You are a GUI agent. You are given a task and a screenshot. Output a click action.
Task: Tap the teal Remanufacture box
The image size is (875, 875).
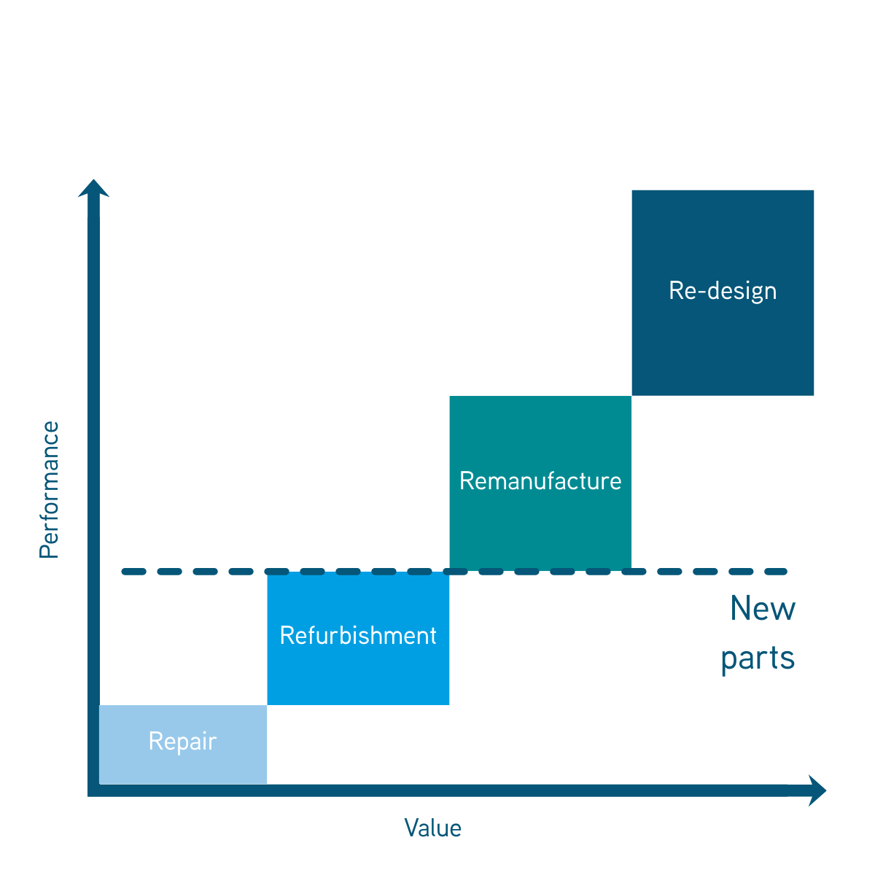540,445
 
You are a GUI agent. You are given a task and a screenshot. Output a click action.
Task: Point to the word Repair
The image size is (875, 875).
182,742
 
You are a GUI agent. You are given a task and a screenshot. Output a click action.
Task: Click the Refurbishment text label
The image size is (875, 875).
358,636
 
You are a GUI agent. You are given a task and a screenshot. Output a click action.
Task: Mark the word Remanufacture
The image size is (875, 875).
540,481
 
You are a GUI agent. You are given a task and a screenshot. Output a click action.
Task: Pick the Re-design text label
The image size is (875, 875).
723,291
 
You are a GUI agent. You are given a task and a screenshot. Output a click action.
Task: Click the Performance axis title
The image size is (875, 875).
49,490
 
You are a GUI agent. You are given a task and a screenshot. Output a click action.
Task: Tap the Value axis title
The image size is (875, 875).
433,828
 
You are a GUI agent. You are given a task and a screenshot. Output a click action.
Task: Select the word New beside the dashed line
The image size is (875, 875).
763,608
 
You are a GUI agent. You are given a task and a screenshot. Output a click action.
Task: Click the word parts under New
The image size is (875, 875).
758,658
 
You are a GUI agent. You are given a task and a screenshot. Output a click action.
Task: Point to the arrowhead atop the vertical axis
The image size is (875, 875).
93,188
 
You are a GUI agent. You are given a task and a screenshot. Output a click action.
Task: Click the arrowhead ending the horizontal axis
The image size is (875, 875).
817,791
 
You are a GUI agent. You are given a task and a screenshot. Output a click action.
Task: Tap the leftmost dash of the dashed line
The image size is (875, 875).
133,572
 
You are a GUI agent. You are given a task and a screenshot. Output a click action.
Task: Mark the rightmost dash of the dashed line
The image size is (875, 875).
776,572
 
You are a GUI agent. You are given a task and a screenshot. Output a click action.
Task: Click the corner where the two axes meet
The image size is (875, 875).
93,791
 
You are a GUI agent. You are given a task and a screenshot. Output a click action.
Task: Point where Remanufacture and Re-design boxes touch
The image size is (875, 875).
631,396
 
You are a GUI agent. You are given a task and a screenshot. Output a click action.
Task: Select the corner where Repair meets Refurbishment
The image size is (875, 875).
267,705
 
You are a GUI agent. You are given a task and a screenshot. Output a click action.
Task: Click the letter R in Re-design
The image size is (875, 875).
675,290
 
